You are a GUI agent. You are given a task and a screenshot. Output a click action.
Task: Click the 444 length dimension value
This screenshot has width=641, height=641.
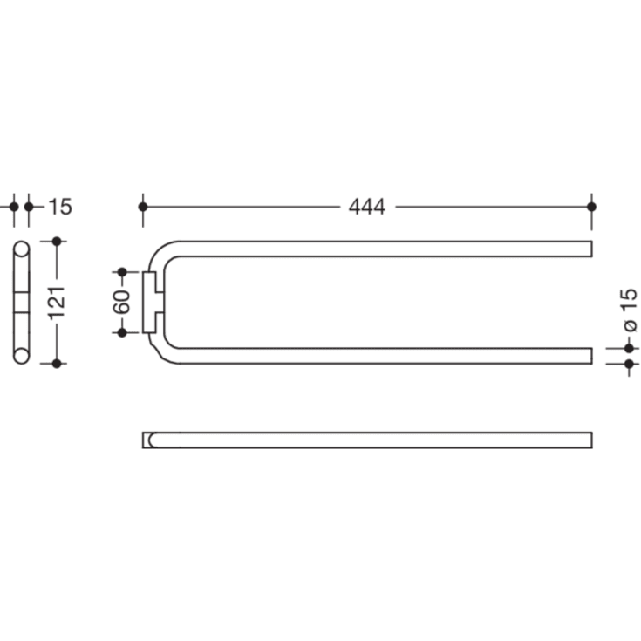[x=366, y=207]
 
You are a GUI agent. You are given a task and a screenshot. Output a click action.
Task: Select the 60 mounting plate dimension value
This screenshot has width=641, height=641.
[x=122, y=302]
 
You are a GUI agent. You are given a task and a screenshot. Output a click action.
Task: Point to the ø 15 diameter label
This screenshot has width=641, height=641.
[x=629, y=309]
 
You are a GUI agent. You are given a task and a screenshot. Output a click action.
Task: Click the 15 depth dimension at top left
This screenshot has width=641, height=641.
[x=59, y=207]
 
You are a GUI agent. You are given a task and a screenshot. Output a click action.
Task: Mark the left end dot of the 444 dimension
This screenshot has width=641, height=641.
[x=143, y=207]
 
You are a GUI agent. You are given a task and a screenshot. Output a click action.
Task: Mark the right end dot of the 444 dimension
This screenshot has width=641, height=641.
[x=592, y=207]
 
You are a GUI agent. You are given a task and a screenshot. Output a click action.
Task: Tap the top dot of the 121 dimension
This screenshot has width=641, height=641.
[x=57, y=241]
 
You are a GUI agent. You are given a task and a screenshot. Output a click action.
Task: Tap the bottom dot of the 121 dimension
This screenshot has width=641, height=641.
[x=57, y=363]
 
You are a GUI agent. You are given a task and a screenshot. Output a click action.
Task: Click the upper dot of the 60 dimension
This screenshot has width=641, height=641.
[x=122, y=272]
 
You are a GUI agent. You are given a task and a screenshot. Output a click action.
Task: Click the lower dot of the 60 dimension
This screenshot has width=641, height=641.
[x=122, y=332]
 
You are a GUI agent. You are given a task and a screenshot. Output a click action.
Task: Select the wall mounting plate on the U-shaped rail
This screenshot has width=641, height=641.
[x=150, y=302]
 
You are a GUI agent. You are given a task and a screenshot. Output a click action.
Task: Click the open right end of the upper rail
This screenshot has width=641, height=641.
[x=590, y=249]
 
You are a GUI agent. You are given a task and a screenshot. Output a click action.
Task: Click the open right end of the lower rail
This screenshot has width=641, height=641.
[x=590, y=355]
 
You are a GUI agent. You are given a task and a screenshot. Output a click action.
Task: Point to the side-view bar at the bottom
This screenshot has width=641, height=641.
[x=366, y=440]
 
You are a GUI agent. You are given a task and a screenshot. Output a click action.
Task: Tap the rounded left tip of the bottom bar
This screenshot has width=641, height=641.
[x=148, y=440]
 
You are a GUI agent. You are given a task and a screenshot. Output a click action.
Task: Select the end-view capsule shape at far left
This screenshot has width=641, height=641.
[x=21, y=302]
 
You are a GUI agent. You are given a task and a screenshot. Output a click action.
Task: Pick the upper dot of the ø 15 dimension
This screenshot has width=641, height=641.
[x=629, y=348]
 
